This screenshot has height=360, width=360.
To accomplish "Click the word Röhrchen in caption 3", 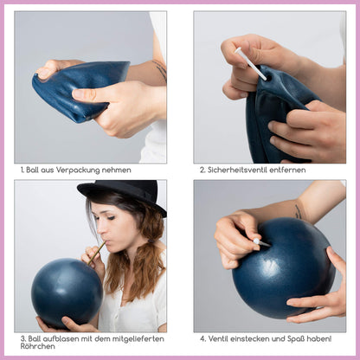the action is coord(34,346).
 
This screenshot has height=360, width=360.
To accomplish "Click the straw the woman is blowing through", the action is coord(97,253).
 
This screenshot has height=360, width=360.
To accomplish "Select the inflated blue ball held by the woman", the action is coord(67,293).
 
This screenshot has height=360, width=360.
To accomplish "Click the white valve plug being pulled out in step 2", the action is coord(250,64).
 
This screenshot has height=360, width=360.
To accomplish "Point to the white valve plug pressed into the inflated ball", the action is coord(261,242).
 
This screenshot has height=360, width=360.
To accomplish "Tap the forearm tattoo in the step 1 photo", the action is coord(160,69).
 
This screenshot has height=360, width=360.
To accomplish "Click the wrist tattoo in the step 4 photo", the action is coord(298,212).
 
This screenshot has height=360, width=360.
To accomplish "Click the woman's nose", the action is coord(100,230).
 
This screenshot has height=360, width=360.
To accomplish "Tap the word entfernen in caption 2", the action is coord(287,170).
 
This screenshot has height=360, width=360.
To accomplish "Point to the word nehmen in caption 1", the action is coord(119,170).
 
